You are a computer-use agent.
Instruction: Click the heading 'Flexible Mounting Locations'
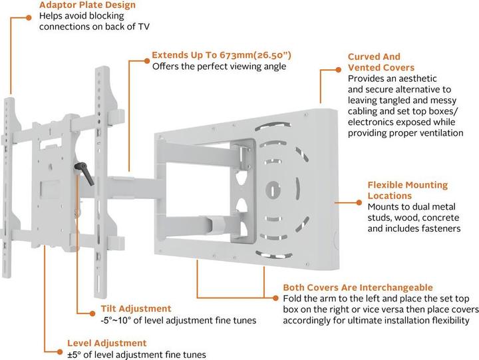(x=408, y=190)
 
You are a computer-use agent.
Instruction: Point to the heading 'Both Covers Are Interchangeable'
(x=358, y=287)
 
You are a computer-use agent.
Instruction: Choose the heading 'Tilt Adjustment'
(x=136, y=309)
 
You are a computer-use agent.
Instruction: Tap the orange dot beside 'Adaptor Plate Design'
(x=29, y=18)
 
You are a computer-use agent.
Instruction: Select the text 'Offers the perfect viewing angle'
(x=219, y=67)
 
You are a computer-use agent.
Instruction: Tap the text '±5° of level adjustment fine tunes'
(x=136, y=355)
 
